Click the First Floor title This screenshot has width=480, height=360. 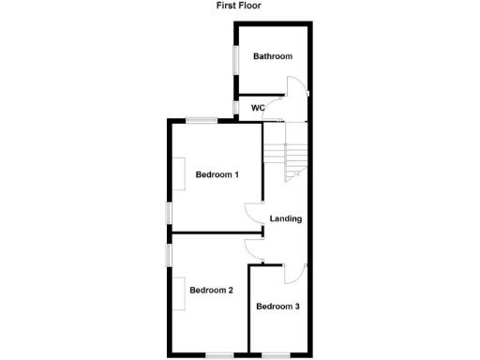238,6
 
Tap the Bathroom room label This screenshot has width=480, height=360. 272,57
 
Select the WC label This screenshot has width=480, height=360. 258,108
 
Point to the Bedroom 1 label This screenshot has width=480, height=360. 217,175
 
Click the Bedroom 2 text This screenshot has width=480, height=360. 211,291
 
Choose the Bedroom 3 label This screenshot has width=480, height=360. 277,307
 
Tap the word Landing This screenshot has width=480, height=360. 285,219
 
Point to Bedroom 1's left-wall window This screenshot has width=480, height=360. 169,213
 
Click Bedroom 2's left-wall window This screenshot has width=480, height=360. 169,254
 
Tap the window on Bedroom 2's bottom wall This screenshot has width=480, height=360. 219,354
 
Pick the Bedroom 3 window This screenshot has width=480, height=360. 276,354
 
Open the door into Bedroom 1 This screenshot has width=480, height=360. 253,215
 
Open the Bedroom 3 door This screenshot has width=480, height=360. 292,272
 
